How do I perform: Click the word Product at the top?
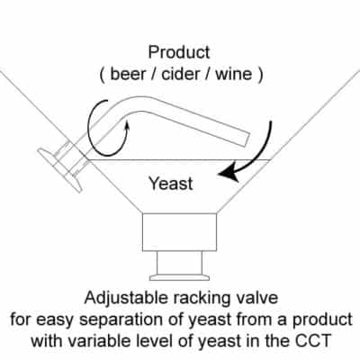[179, 52]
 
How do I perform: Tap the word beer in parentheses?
[128, 74]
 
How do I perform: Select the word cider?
[181, 74]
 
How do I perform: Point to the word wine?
[234, 74]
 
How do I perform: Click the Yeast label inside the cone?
[171, 184]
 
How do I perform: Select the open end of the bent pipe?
[246, 139]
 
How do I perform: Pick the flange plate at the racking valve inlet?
[59, 170]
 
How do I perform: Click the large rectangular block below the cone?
[179, 232]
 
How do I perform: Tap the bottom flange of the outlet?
[179, 277]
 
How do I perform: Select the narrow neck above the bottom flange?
[179, 263]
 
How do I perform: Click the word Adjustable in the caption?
[126, 299]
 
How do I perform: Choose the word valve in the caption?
[257, 298]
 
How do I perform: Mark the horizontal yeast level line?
[179, 159]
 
